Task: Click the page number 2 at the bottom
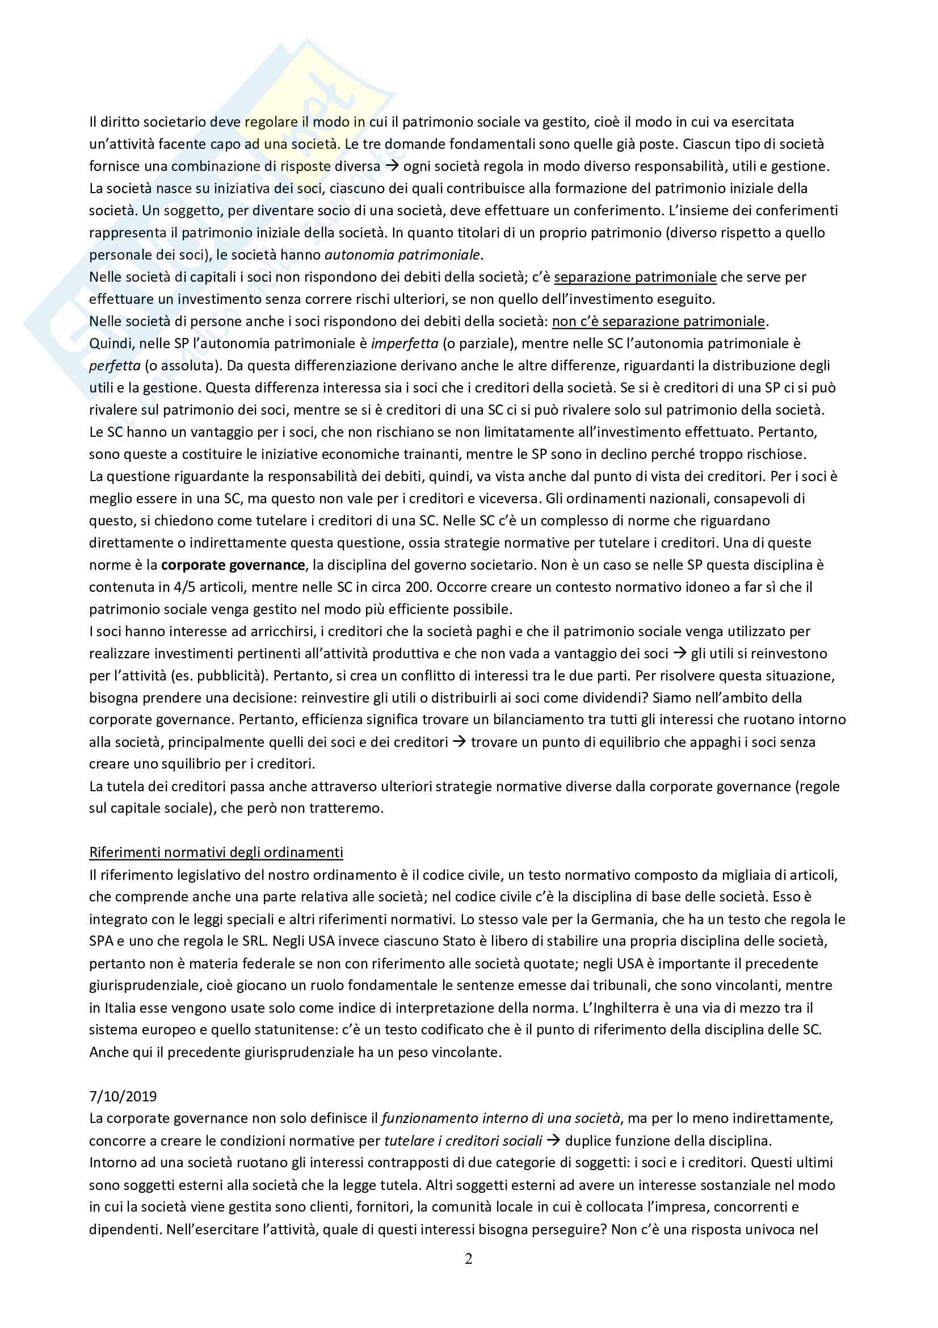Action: pyautogui.click(x=468, y=1259)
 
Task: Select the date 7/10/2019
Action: pyautogui.click(x=123, y=1096)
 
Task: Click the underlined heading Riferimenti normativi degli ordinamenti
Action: pyautogui.click(x=216, y=852)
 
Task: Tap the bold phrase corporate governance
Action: pyautogui.click(x=233, y=565)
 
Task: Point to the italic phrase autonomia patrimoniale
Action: pyautogui.click(x=403, y=254)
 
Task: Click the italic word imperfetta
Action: pyautogui.click(x=405, y=343)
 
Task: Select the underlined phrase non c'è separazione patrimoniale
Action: pyautogui.click(x=658, y=321)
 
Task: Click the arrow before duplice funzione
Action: pyautogui.click(x=553, y=1141)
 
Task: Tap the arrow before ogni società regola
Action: pyautogui.click(x=392, y=166)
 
